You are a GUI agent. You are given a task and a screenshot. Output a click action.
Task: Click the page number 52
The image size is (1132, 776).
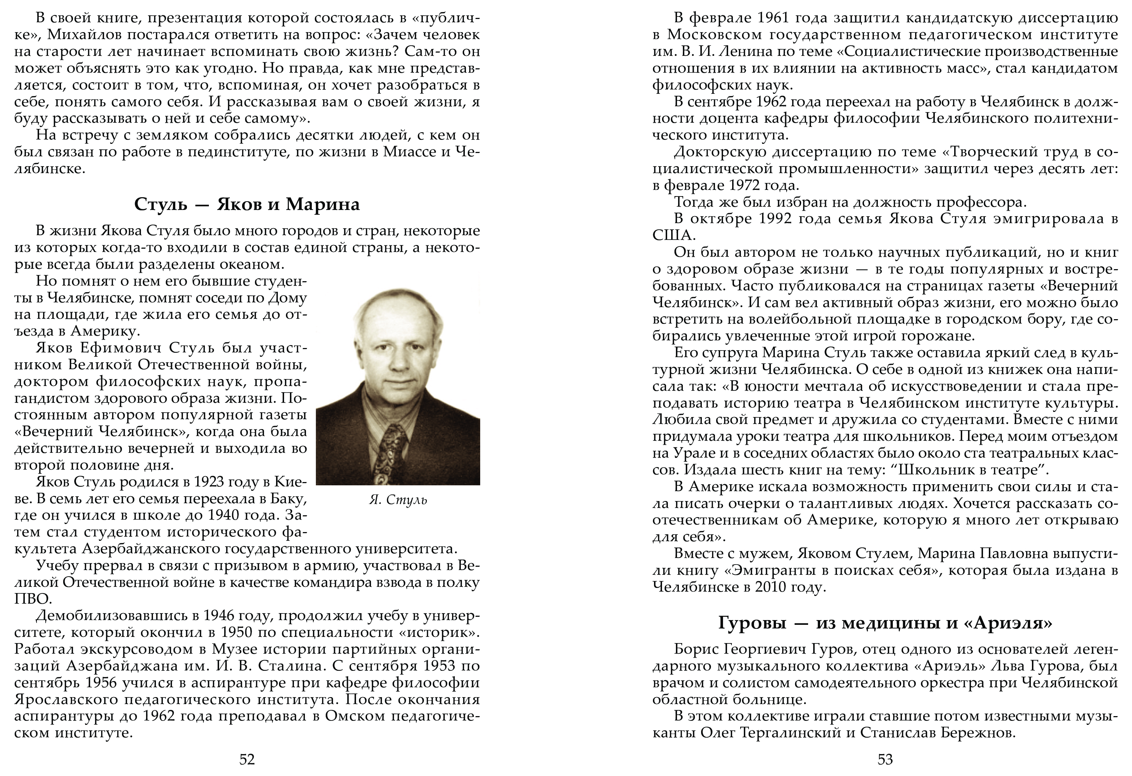[x=247, y=759]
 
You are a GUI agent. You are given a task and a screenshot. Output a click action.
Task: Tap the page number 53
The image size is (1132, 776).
[x=885, y=759]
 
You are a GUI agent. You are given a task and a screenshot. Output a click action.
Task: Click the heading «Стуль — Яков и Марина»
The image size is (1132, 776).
[x=247, y=204]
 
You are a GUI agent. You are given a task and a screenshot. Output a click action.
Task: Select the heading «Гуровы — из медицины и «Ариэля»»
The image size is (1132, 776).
[x=885, y=623]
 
